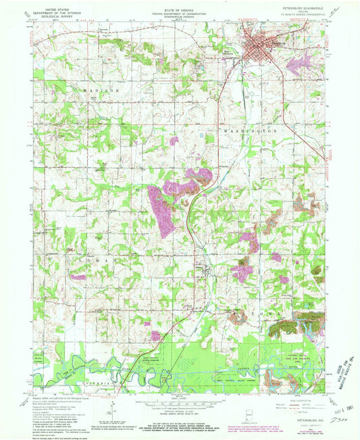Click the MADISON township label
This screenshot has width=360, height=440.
[x=101, y=89]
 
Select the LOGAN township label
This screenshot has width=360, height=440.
[x=97, y=258]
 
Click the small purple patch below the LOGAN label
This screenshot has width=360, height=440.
[x=79, y=276]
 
